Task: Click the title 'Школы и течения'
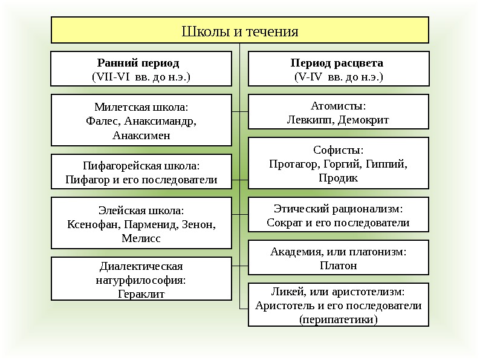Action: pos(240,31)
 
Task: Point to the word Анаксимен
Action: pos(141,134)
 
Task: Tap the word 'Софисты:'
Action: pos(338,149)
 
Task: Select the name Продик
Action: pos(338,178)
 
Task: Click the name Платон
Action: pos(338,266)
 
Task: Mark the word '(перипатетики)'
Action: pos(338,319)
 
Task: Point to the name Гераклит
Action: pos(141,295)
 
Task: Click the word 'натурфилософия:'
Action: pos(141,281)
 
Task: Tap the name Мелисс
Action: pos(141,239)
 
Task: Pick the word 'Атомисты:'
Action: pos(338,105)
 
